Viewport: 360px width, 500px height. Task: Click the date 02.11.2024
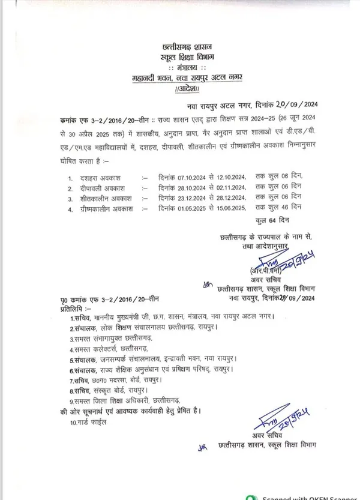[x=226, y=187]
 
